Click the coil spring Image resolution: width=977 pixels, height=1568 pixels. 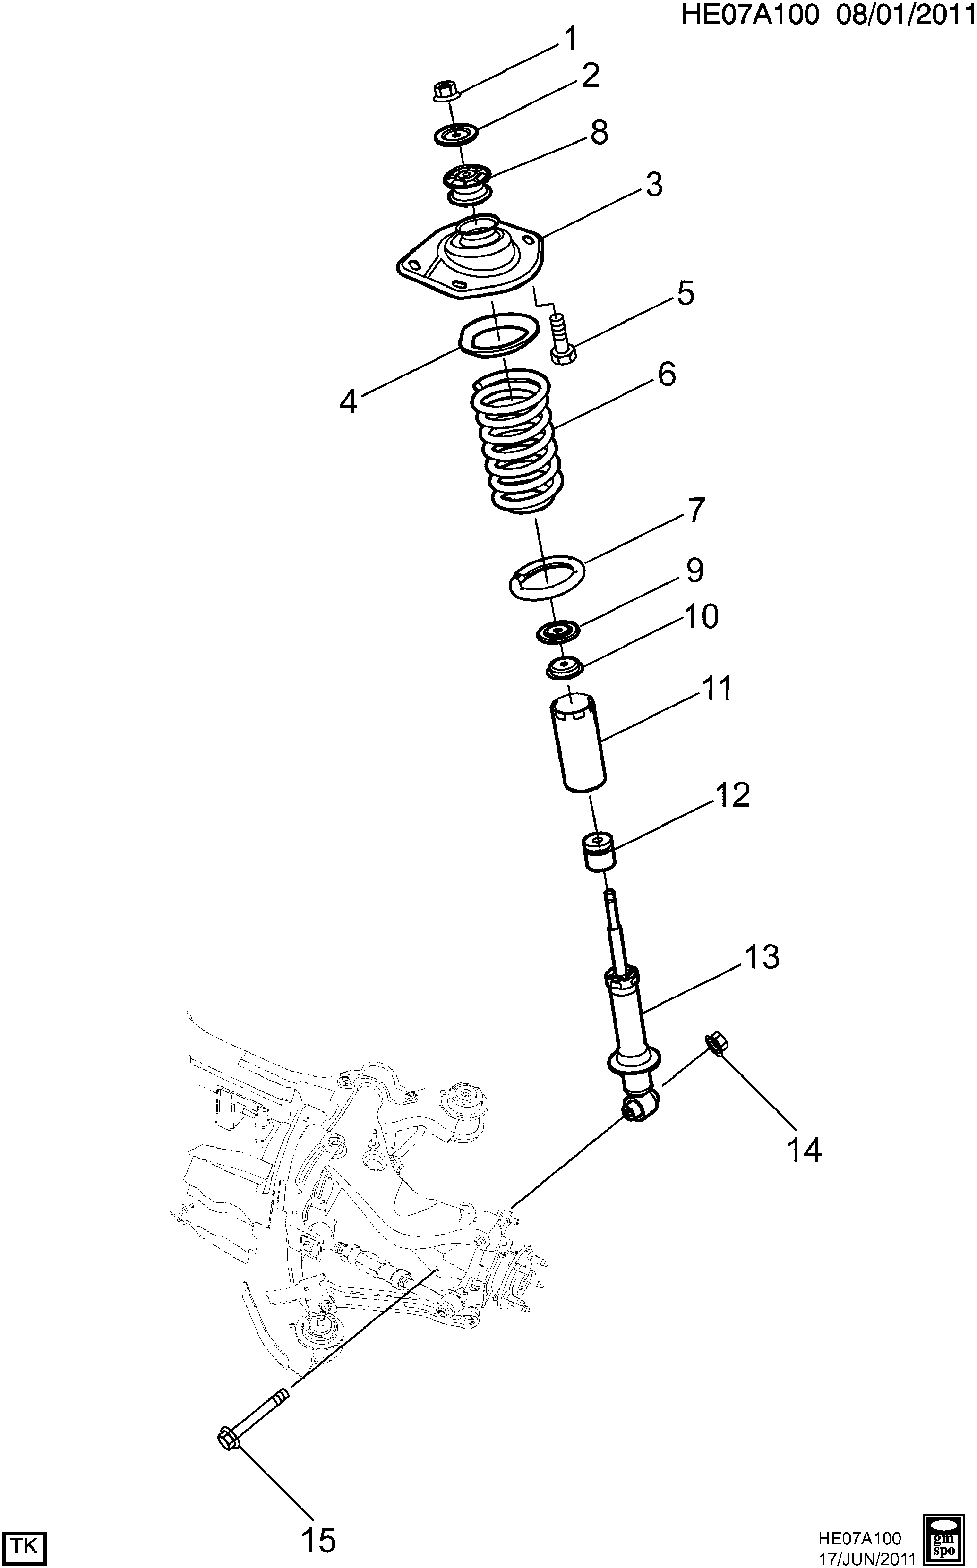515,443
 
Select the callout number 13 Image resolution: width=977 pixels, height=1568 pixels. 762,957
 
